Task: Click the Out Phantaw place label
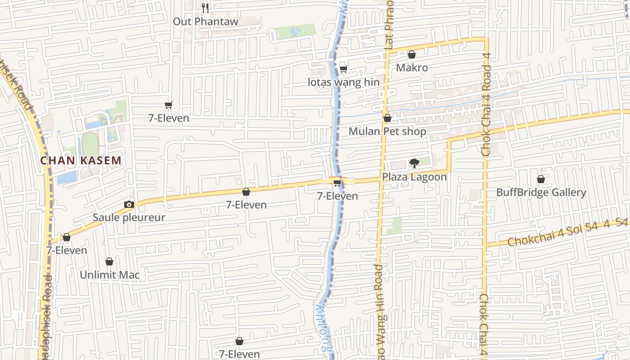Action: pos(206,21)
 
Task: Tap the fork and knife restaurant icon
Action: pos(205,8)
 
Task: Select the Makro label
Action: pos(412,67)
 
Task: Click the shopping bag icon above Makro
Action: pos(411,55)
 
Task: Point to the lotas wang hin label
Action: pos(343,82)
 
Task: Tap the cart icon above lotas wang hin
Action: pos(343,69)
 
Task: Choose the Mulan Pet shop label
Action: pos(387,131)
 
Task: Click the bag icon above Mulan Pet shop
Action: pos(387,118)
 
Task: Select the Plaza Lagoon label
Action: pos(414,177)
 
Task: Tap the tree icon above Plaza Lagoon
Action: pos(414,163)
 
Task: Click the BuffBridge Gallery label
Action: pos(541,193)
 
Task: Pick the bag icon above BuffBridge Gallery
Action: pos(541,179)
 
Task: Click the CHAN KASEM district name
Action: pos(81,160)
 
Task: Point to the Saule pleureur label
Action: pos(129,217)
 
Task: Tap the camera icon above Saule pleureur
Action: pos(129,204)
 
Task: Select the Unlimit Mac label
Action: pos(109,274)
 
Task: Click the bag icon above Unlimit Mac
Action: pos(109,261)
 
